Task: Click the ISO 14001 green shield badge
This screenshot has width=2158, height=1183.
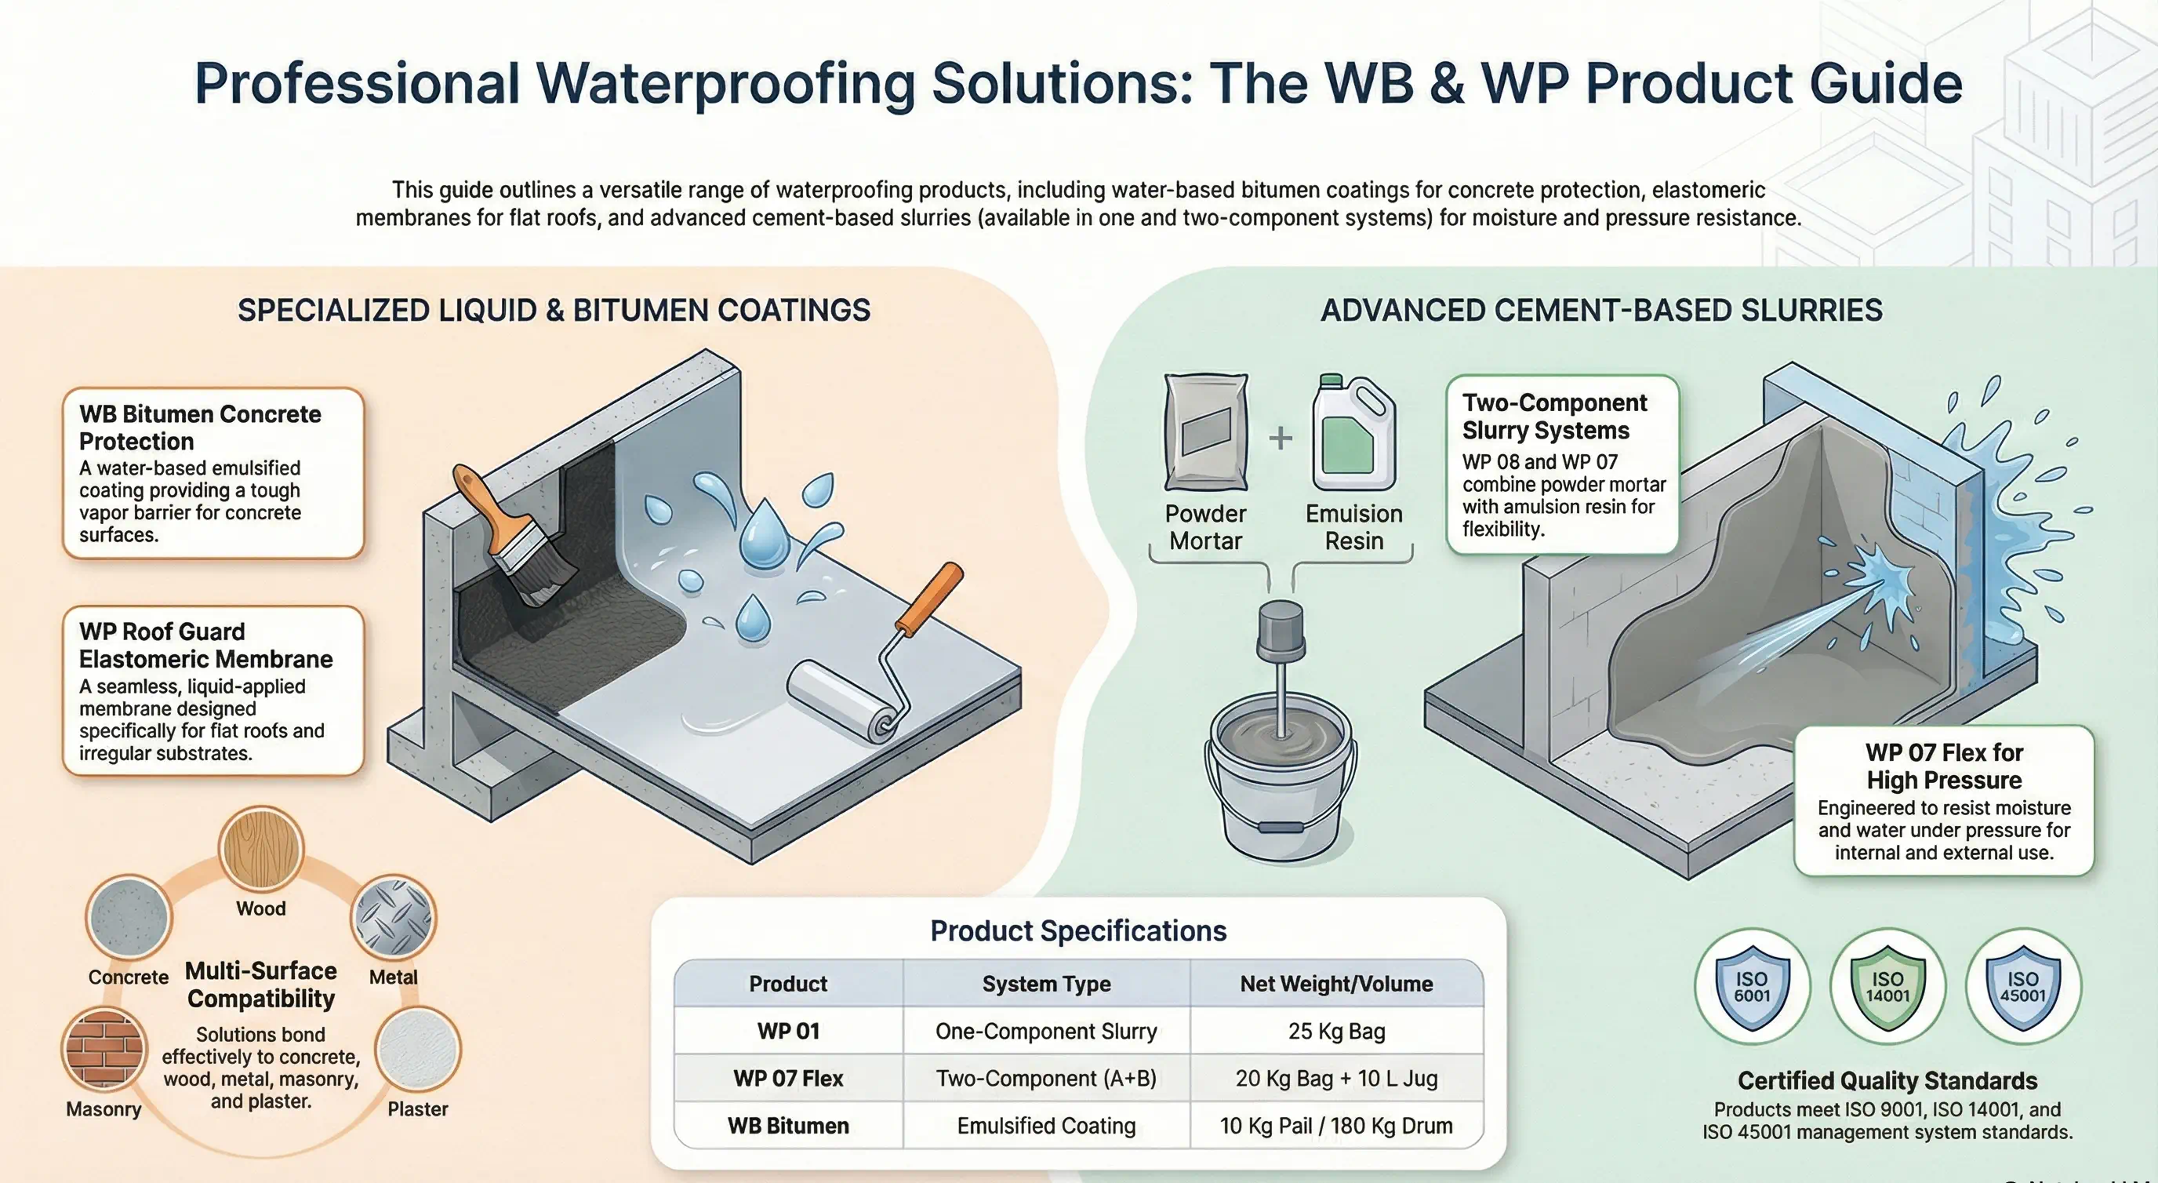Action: coord(1887,986)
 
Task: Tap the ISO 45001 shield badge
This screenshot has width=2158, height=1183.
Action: coord(2022,986)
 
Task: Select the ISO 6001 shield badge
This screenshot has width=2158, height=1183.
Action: coord(1752,986)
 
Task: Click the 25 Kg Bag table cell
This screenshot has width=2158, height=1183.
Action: coord(1336,1031)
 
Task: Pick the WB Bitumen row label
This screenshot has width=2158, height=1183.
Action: coord(787,1125)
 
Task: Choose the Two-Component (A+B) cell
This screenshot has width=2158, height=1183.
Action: coord(1045,1079)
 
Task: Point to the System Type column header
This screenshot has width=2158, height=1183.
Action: coord(1045,984)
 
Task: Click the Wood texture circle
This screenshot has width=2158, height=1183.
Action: coord(260,849)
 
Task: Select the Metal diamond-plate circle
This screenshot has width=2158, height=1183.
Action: coord(393,917)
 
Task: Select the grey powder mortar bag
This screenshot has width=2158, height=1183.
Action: coord(1205,432)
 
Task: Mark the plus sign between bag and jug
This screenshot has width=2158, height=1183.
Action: coord(1280,437)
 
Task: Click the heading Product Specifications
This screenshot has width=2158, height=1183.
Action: coord(1078,931)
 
